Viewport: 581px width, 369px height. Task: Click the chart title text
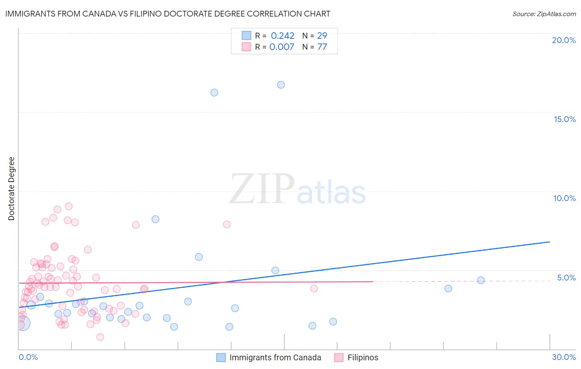(x=167, y=14)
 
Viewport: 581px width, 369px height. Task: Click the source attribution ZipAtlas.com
(x=544, y=14)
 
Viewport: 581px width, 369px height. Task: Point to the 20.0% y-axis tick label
(x=564, y=40)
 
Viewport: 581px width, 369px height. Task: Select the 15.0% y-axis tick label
(x=564, y=119)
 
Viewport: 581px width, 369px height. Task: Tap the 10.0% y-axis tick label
(x=564, y=198)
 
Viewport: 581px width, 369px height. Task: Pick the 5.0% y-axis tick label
(x=566, y=278)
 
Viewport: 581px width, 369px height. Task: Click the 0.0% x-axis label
(x=28, y=357)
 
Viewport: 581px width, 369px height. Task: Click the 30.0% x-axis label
(x=564, y=357)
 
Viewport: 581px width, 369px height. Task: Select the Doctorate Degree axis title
(x=11, y=189)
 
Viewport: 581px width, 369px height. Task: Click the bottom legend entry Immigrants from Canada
(x=275, y=357)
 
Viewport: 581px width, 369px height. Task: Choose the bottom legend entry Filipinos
(x=362, y=357)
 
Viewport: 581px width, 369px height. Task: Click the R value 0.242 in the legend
(x=282, y=36)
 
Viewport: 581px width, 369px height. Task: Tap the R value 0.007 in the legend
(x=281, y=47)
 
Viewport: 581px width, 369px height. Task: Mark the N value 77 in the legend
(x=322, y=47)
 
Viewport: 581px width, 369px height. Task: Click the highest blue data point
(x=281, y=85)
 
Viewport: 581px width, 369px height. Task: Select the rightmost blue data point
(x=481, y=280)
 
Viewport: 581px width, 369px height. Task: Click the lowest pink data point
(x=100, y=337)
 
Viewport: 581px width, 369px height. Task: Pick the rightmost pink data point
(x=314, y=288)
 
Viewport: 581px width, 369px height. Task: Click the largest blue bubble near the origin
(x=23, y=323)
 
